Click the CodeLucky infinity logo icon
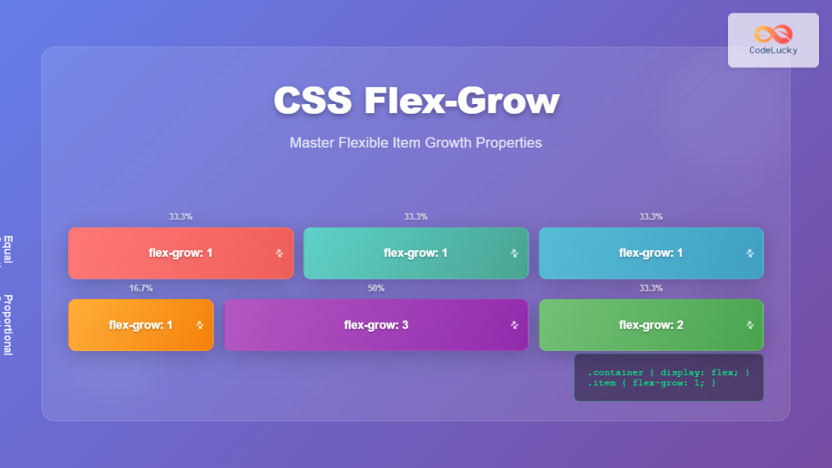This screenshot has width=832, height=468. click(x=773, y=33)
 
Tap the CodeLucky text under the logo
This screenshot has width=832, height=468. click(x=773, y=50)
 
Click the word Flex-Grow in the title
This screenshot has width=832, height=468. click(x=461, y=102)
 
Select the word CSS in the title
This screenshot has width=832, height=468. click(x=311, y=102)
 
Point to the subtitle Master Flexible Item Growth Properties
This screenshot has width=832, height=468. click(x=415, y=143)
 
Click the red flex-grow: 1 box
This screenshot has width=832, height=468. click(x=180, y=253)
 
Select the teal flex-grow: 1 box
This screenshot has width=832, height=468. click(x=415, y=253)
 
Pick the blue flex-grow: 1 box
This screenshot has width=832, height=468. click(x=650, y=253)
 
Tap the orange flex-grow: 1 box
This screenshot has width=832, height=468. click(x=141, y=325)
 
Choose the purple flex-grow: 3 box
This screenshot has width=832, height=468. click(x=376, y=325)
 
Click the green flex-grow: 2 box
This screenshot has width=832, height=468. click(x=650, y=325)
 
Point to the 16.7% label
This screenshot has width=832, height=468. click(x=141, y=288)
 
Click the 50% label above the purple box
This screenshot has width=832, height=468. click(x=376, y=288)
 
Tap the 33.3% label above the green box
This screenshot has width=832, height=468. click(x=650, y=288)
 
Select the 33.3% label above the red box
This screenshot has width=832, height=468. click(x=180, y=217)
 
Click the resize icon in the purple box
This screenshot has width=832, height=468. click(x=513, y=325)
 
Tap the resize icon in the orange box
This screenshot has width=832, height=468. click(x=200, y=325)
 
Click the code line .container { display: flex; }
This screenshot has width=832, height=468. click(x=668, y=373)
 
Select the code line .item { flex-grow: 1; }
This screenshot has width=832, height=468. click(x=652, y=383)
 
